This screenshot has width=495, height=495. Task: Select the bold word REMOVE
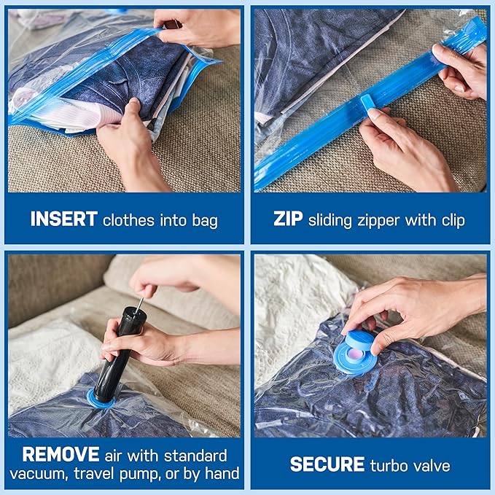[60, 455]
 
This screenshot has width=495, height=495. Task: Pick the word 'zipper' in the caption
[391, 220]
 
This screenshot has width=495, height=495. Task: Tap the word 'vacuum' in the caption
[53, 474]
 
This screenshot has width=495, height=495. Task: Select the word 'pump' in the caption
[171, 474]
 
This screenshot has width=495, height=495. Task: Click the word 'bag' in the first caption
[205, 220]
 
